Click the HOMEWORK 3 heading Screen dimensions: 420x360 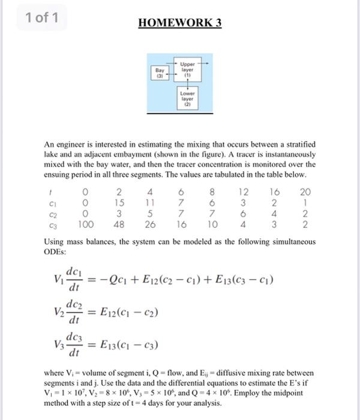coord(180,23)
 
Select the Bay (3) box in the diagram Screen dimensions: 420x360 coord(161,73)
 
